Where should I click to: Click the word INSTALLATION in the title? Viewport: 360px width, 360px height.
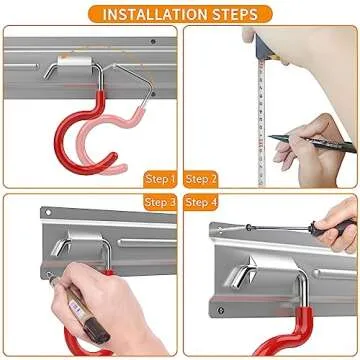[x=149, y=15]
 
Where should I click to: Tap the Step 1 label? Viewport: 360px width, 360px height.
[x=160, y=179]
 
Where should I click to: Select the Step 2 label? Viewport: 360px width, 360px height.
[x=201, y=179]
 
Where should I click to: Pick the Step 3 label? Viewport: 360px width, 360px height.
[x=160, y=202]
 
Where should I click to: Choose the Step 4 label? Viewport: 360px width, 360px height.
[x=201, y=202]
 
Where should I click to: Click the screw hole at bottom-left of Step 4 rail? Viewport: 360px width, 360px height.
[x=221, y=310]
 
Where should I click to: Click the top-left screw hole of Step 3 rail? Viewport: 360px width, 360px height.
[x=48, y=212]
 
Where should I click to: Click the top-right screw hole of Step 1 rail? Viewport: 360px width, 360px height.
[x=153, y=42]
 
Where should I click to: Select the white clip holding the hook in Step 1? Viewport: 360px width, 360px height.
[x=74, y=61]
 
